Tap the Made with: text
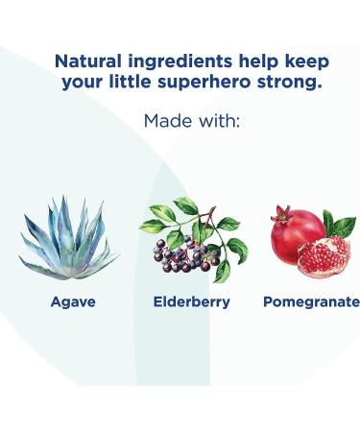[x=191, y=122]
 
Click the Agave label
[x=73, y=301]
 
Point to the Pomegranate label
[x=311, y=301]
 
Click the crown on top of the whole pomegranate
[x=279, y=208]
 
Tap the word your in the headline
[x=84, y=82]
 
